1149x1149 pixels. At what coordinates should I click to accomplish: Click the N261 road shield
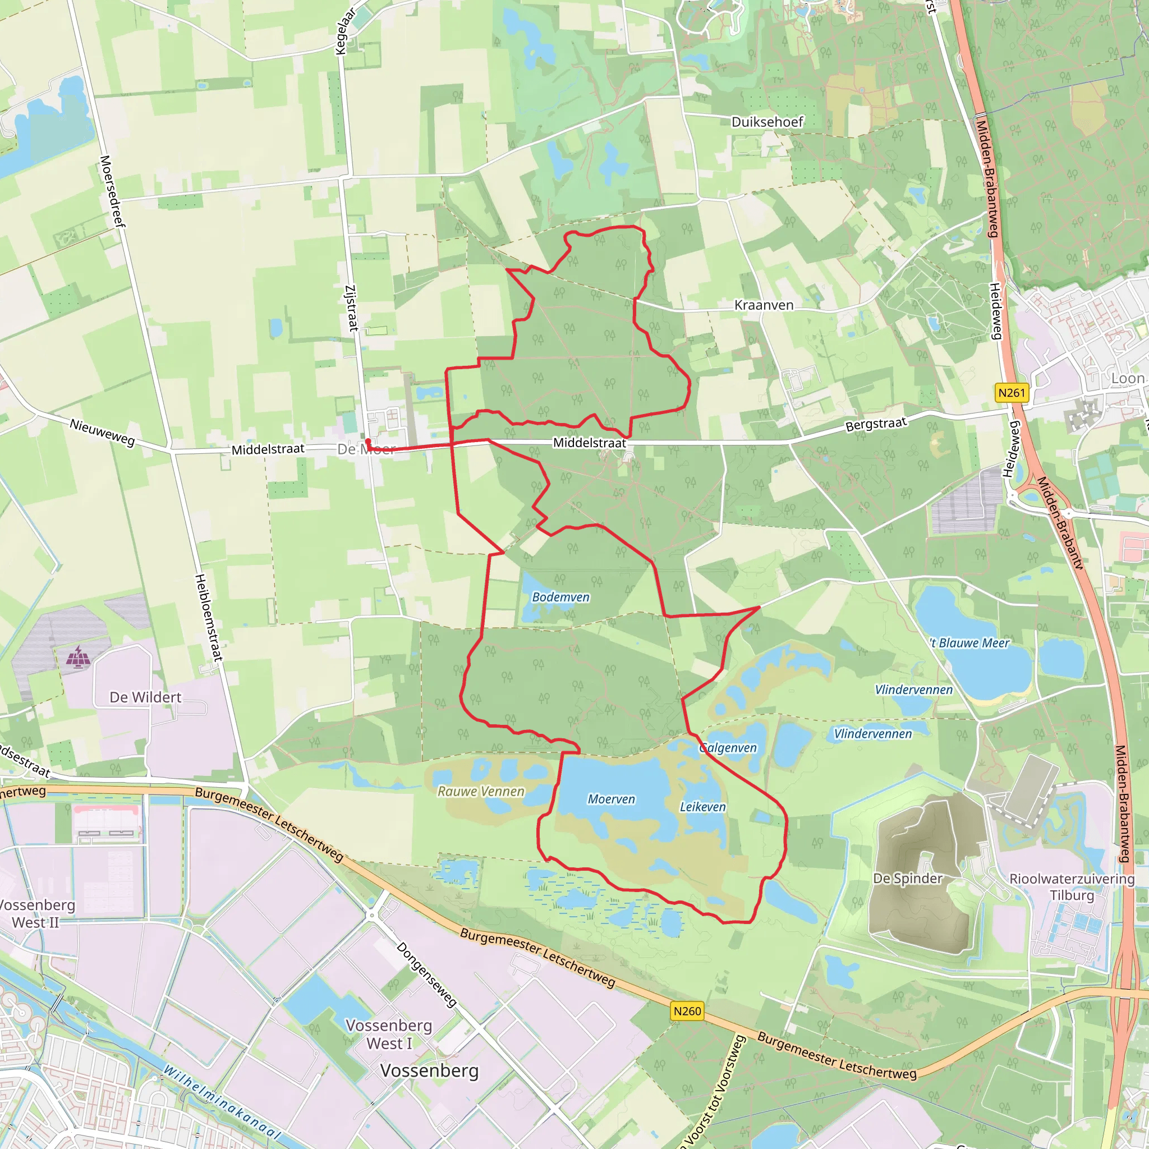tap(1012, 393)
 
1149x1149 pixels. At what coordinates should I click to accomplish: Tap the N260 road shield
tap(687, 1010)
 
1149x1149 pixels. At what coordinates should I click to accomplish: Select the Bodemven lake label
tap(560, 597)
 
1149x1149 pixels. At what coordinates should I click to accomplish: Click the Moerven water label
tap(612, 799)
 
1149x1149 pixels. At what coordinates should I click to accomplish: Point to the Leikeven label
tap(703, 807)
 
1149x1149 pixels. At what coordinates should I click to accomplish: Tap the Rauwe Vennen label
tap(481, 792)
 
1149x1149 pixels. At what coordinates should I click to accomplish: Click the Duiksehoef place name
tap(767, 122)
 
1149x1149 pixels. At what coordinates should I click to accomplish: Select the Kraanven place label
tap(764, 305)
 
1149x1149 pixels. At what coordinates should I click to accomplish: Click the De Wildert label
tap(145, 697)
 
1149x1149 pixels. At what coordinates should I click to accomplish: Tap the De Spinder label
tap(908, 879)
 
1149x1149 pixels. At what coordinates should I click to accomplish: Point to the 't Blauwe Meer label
tap(970, 643)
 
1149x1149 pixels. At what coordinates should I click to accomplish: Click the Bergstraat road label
tap(876, 424)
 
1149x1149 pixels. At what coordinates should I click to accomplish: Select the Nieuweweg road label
tap(102, 433)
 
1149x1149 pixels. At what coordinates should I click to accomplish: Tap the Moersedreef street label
tap(112, 191)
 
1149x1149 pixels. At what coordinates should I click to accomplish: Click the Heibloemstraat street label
tap(209, 618)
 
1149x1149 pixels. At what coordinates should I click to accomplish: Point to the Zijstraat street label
tap(351, 308)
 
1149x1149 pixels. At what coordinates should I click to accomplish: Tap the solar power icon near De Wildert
tap(78, 657)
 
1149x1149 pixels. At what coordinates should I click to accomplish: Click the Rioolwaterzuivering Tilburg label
tap(1072, 887)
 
